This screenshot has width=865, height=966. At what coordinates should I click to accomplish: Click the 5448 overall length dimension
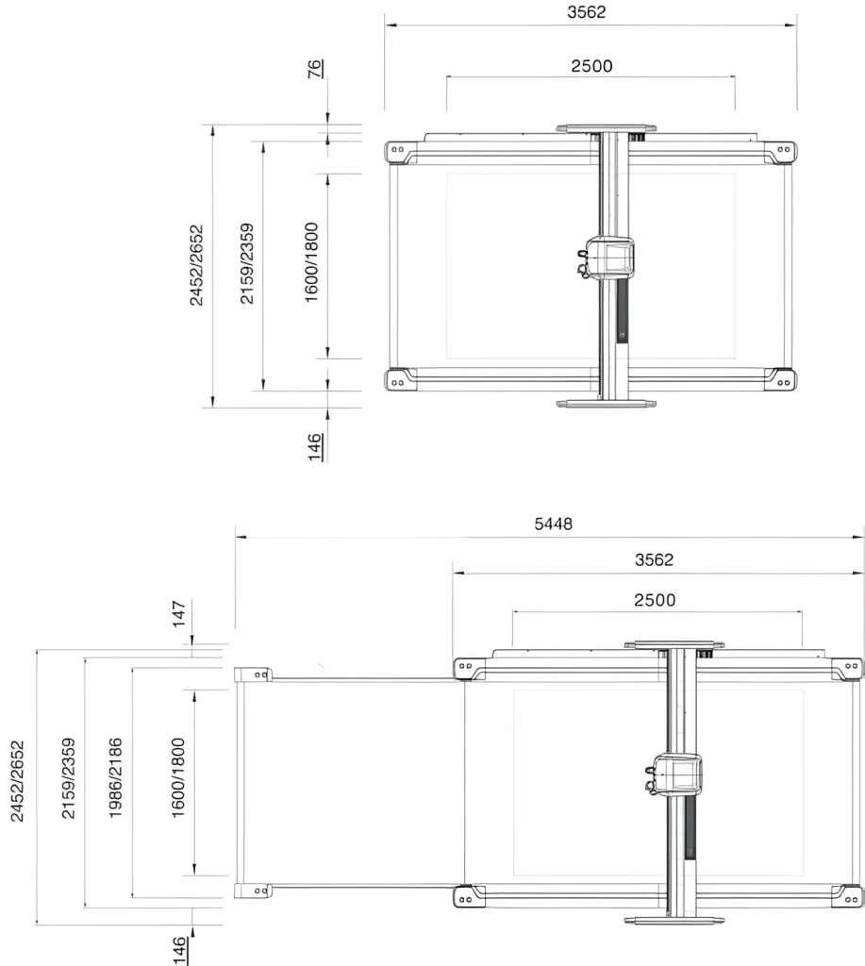pos(554,524)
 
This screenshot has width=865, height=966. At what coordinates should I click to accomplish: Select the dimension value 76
pos(315,68)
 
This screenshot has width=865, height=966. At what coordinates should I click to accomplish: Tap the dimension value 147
pos(178,613)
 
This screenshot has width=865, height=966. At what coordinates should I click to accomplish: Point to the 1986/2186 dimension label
pos(115,777)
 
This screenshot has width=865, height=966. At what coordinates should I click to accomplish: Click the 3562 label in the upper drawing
pos(587,12)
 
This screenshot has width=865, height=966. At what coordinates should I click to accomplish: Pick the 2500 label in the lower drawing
pos(655,600)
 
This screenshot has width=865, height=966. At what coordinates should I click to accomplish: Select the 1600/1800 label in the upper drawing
pos(312,262)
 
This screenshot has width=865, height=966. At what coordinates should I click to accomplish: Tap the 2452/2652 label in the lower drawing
pos(18,781)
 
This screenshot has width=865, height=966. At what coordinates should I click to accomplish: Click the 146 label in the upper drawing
pos(315,447)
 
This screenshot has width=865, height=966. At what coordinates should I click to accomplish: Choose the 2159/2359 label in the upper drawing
pos(247,264)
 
